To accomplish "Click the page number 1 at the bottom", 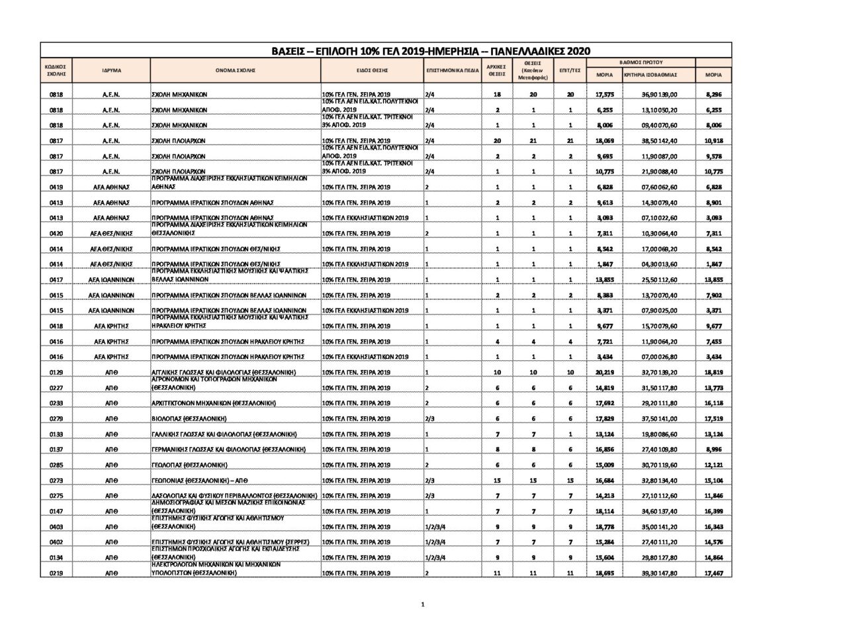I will (x=422, y=604).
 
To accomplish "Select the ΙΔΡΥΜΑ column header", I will (x=111, y=70).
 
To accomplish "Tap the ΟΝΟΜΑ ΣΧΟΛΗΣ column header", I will (x=235, y=70).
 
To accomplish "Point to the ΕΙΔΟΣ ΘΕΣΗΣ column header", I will (x=371, y=70).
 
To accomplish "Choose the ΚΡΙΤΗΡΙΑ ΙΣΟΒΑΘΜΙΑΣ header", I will (x=650, y=75).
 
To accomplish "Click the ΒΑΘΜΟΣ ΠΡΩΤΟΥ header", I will (x=641, y=62).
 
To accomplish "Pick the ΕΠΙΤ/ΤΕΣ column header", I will (x=570, y=70).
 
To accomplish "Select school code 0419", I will (x=56, y=187).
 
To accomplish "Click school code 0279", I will (x=56, y=419).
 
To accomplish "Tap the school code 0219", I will (x=56, y=573).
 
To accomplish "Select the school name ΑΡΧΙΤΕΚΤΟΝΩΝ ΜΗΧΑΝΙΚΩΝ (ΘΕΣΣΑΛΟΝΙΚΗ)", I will (x=213, y=403).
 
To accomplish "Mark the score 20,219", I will (x=604, y=373).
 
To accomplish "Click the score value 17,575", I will (x=604, y=95).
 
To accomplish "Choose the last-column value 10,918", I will (x=713, y=141).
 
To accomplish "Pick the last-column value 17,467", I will (x=713, y=573).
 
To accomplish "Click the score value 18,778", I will (x=604, y=527).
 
